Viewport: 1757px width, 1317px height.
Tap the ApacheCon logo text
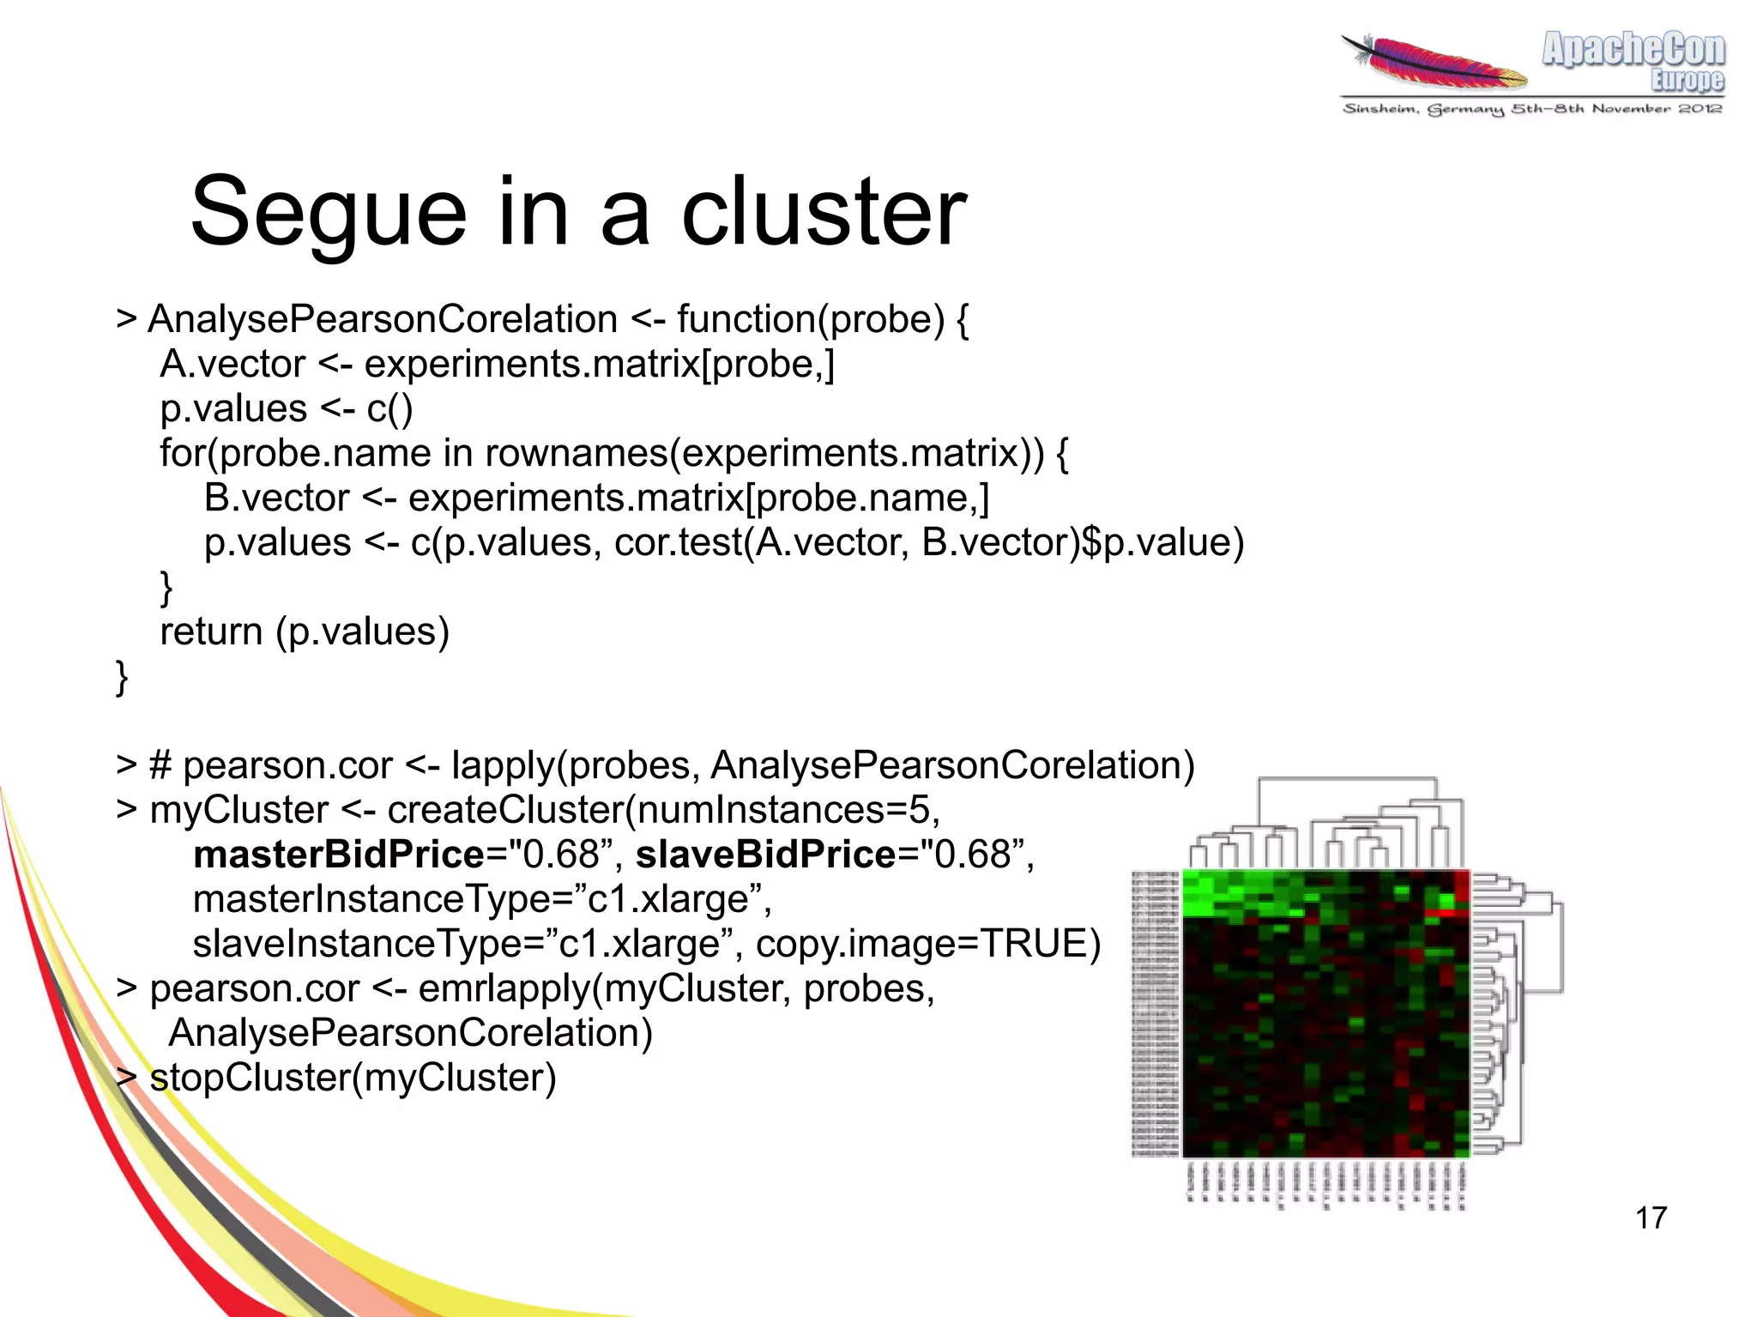click(1633, 49)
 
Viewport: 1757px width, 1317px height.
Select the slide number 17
click(1650, 1217)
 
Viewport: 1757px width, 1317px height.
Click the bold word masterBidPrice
click(339, 855)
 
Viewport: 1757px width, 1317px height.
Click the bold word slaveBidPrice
click(765, 855)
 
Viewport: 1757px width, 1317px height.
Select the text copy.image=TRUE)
click(927, 944)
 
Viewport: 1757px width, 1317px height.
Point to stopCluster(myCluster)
click(353, 1078)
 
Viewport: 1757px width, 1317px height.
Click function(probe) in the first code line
click(811, 319)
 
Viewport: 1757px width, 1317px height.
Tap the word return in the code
click(211, 631)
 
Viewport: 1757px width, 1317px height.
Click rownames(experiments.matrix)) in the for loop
click(764, 453)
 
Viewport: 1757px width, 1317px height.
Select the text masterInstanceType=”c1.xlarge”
click(481, 899)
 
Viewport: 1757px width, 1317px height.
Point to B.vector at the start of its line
click(276, 498)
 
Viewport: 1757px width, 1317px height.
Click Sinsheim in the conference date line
click(1380, 109)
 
